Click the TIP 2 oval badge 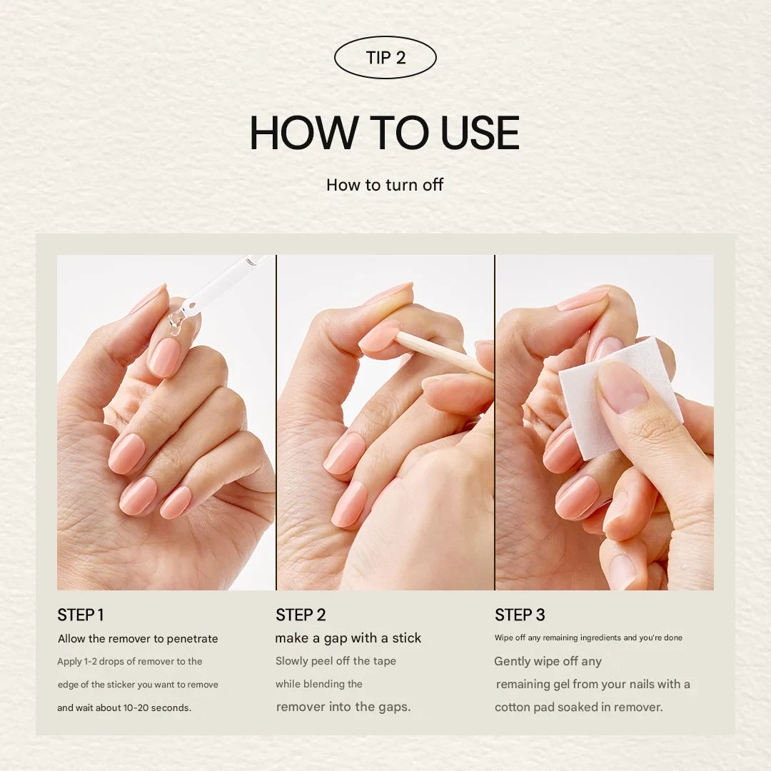click(385, 58)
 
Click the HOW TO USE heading click(385, 133)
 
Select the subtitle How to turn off click(385, 185)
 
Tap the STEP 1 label click(81, 615)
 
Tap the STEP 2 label click(301, 615)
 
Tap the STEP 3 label click(520, 615)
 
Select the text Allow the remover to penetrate click(138, 639)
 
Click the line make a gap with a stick click(348, 638)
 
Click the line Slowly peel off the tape click(336, 661)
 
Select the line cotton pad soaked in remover click(579, 707)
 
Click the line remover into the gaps click(343, 707)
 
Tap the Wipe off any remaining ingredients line click(588, 638)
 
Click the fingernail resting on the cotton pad click(623, 387)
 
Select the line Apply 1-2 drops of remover click(130, 662)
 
